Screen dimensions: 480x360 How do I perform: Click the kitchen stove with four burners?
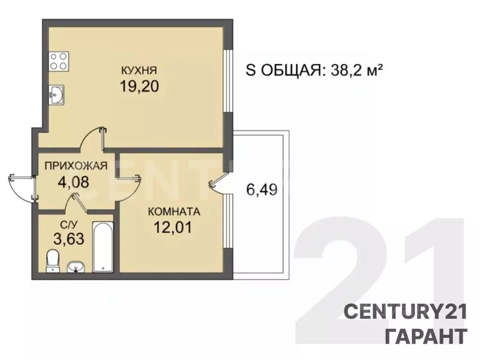pyautogui.click(x=59, y=61)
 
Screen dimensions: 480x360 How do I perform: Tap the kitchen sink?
pyautogui.click(x=56, y=95)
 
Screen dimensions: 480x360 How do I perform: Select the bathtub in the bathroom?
pyautogui.click(x=103, y=247)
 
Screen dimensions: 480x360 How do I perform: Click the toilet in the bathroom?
pyautogui.click(x=52, y=261)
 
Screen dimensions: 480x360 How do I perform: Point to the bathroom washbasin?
pyautogui.click(x=76, y=267)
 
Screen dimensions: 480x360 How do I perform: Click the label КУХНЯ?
pyautogui.click(x=139, y=71)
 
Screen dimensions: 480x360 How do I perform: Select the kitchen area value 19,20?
pyautogui.click(x=139, y=86)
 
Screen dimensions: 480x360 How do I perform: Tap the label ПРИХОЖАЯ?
pyautogui.click(x=76, y=166)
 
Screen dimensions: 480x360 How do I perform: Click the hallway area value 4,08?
pyautogui.click(x=74, y=182)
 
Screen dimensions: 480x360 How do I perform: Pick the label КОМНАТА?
pyautogui.click(x=174, y=211)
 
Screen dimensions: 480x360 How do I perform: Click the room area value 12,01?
pyautogui.click(x=172, y=227)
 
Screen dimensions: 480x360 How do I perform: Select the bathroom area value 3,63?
pyautogui.click(x=69, y=239)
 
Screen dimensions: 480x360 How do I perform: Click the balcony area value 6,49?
pyautogui.click(x=262, y=189)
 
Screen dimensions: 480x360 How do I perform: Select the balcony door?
pyautogui.click(x=219, y=183)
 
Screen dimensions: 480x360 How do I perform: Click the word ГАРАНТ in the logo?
pyautogui.click(x=426, y=336)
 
